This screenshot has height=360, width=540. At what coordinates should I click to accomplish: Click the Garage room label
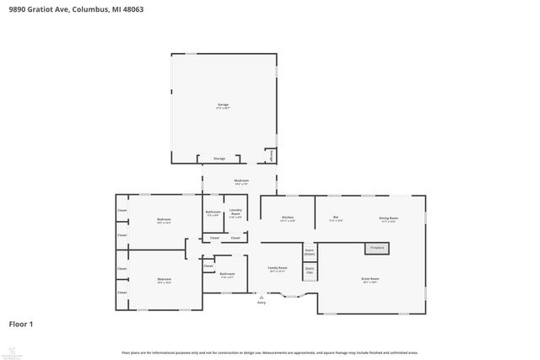[x=223, y=105]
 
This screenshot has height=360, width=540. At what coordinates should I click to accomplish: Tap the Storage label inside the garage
[x=219, y=158]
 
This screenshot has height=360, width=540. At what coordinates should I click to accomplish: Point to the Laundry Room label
[x=236, y=213]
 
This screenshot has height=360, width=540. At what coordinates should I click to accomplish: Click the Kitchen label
[x=287, y=218]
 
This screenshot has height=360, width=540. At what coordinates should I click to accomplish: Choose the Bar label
[x=335, y=218]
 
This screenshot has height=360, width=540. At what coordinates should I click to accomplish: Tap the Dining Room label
[x=388, y=218]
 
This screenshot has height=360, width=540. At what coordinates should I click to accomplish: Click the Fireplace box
[x=376, y=248]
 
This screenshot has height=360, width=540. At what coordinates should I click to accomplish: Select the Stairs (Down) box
[x=310, y=251]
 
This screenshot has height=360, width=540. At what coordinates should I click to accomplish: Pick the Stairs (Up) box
[x=310, y=271]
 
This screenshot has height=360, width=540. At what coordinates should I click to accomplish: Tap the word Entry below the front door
[x=262, y=302]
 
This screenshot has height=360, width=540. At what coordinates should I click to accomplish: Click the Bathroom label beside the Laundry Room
[x=213, y=213]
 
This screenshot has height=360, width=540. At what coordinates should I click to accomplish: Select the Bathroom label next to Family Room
[x=227, y=274]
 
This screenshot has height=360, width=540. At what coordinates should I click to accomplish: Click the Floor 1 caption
[x=21, y=324]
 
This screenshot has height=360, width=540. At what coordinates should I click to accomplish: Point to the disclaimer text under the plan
[x=270, y=352]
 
